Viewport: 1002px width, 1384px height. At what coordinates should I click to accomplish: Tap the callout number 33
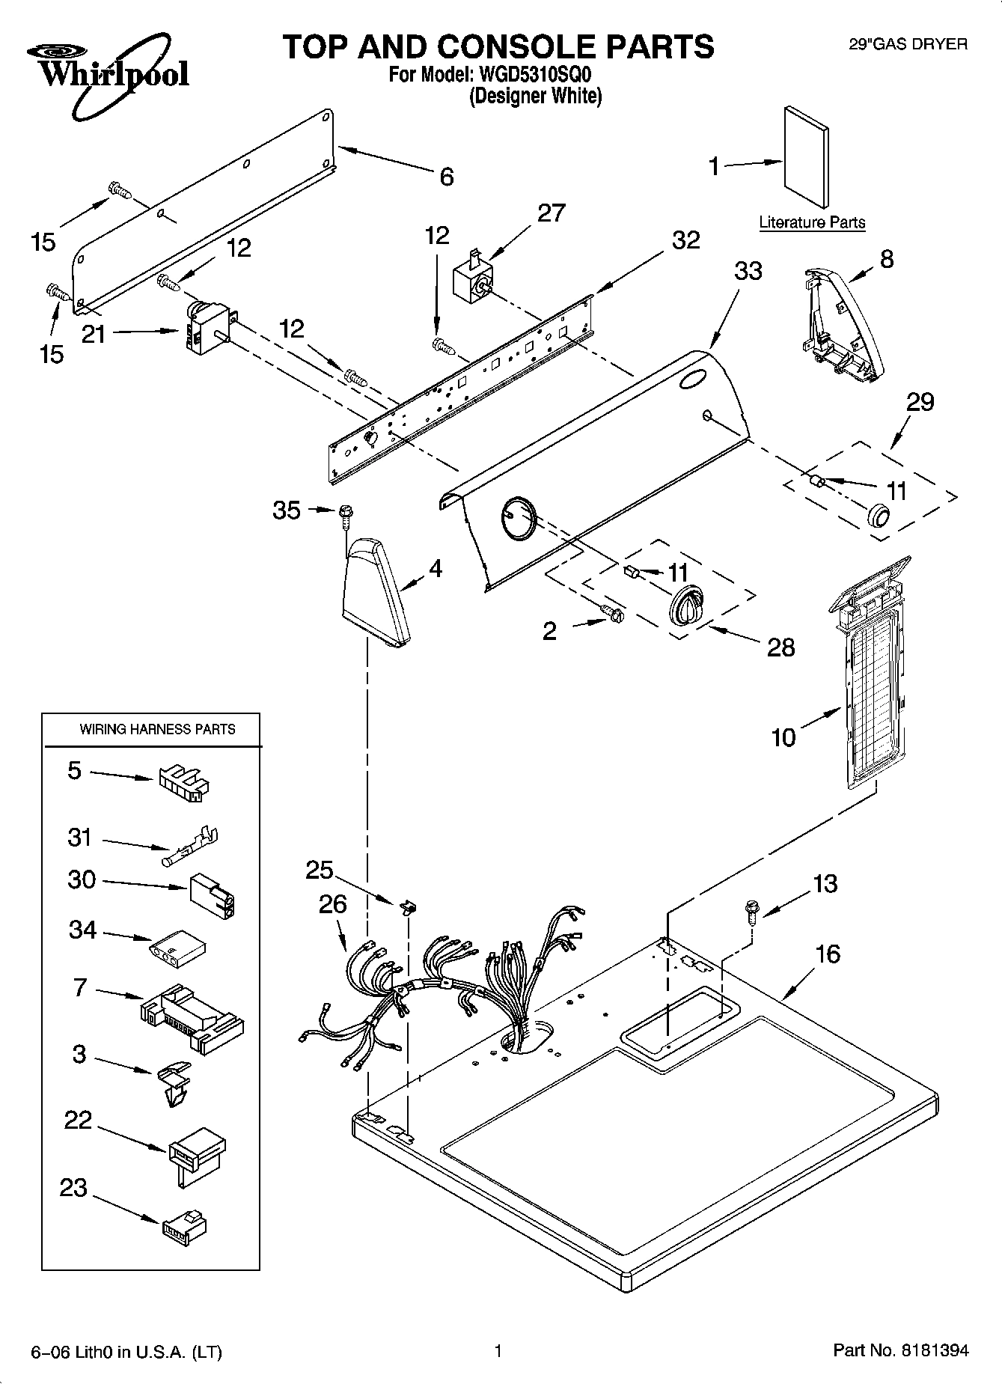point(748,270)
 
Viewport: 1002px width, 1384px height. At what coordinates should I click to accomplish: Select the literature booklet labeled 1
point(806,157)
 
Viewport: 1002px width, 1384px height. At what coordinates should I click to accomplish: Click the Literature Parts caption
point(812,222)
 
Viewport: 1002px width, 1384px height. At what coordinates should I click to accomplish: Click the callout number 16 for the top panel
point(827,954)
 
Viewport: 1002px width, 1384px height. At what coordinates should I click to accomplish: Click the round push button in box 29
point(878,516)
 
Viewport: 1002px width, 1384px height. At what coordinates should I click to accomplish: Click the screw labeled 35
point(345,513)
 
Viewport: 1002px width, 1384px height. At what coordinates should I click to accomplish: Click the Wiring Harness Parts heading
point(157,729)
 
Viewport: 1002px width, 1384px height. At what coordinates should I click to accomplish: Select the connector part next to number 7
point(193,1013)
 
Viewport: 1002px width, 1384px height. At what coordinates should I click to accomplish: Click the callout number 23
point(73,1188)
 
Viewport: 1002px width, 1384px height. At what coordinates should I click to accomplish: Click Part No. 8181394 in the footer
point(900,1351)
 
